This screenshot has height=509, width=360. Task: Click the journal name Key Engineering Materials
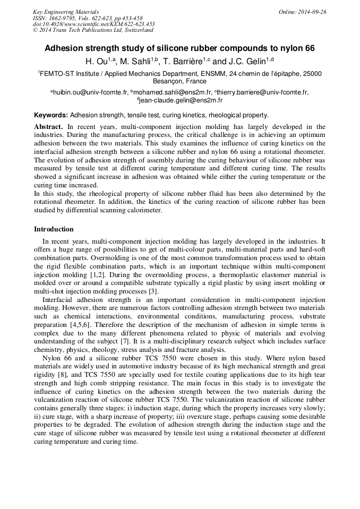[x=66, y=12]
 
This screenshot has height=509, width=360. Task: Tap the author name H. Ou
[x=96, y=62]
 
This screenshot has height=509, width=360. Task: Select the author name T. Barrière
[x=183, y=62]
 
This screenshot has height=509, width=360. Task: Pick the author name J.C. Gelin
[x=247, y=62]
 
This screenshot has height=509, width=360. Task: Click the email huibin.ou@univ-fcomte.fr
[x=90, y=92]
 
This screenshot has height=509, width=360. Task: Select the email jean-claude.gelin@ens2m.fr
[x=181, y=100]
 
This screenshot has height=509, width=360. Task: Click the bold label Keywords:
[x=51, y=115]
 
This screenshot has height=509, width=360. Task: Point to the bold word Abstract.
[x=48, y=127]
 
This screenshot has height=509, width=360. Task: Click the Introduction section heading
[x=54, y=229]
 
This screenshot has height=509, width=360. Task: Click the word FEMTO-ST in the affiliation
[x=56, y=73]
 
